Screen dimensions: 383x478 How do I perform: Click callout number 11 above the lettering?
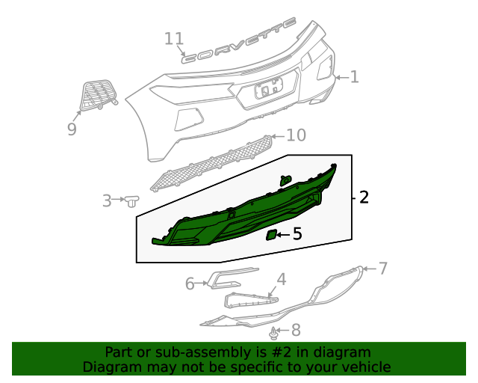(173, 38)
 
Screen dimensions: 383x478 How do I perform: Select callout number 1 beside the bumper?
(354, 76)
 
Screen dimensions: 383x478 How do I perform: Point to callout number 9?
(72, 129)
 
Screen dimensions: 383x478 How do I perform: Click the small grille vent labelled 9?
(96, 95)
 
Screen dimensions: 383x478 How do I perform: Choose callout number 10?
(297, 135)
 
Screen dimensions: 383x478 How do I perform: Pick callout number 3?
(107, 200)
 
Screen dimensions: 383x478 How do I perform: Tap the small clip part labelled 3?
(133, 200)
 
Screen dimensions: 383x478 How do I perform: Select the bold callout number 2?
(364, 197)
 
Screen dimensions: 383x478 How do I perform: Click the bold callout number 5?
(297, 234)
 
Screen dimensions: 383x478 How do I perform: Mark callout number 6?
(190, 284)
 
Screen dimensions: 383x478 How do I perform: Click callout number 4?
(282, 280)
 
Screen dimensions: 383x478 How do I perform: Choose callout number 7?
(382, 269)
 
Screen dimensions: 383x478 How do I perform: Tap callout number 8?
(296, 329)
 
